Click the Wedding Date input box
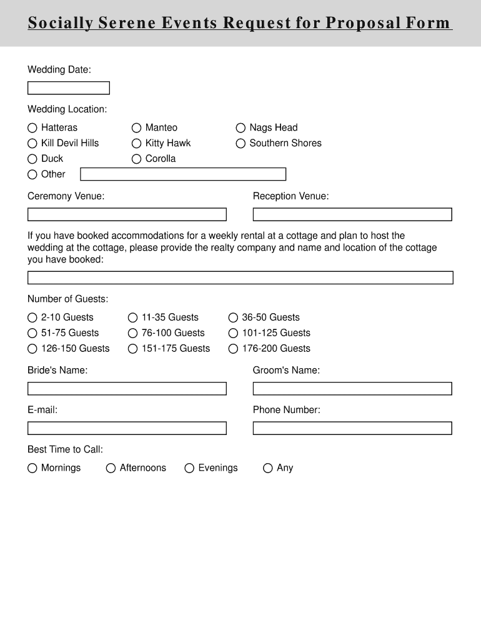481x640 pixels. coord(69,88)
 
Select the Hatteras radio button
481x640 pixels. coord(32,127)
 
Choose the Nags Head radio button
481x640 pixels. coord(241,127)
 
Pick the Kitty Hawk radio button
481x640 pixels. coord(137,143)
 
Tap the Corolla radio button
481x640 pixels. coord(137,159)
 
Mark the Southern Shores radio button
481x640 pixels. coord(241,143)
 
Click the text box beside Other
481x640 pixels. coord(183,174)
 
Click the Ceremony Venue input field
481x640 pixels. coord(127,214)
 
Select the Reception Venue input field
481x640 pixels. coord(352,214)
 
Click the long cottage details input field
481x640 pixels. coord(241,277)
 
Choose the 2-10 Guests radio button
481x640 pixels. coord(32,317)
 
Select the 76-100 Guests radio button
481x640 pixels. coord(132,333)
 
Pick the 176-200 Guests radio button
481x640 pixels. coord(233,349)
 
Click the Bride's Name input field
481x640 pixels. coord(127,389)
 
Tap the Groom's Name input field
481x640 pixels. coord(352,389)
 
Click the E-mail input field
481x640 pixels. coord(127,428)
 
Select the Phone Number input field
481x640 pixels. coord(352,428)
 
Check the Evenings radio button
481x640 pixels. coord(189,468)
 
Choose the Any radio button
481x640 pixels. coord(268,468)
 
